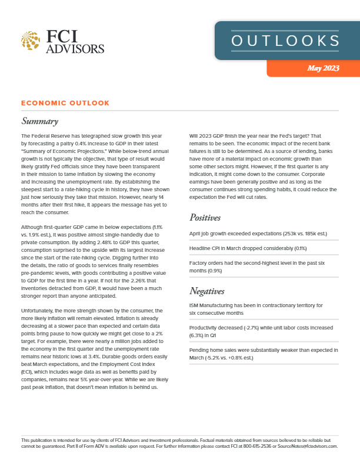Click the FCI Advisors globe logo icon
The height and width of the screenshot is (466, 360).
pos(30,41)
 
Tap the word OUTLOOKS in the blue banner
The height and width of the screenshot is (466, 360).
pos(285,41)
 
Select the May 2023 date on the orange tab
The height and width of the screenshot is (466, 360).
pos(323,68)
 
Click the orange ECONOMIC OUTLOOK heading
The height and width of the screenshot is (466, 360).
pos(65,103)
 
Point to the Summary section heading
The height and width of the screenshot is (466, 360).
pos(39,122)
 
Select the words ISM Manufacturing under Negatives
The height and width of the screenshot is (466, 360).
pos(214,305)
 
